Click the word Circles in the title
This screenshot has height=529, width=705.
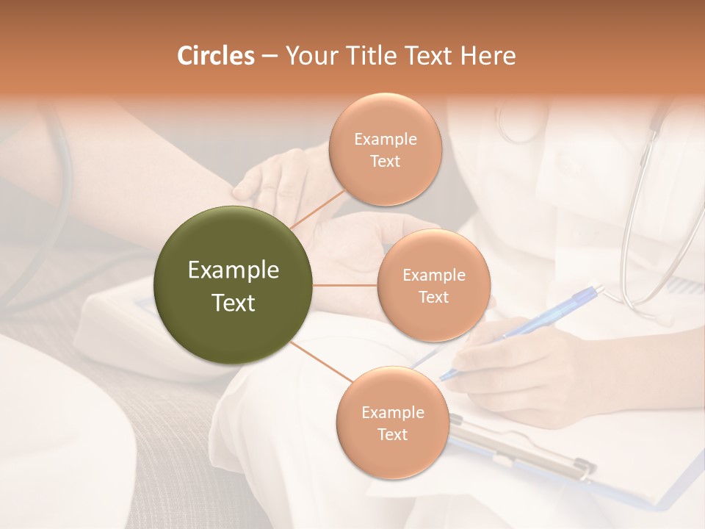215,56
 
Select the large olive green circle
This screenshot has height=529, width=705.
234,285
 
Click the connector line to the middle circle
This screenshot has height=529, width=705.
345,285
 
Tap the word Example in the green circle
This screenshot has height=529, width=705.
234,270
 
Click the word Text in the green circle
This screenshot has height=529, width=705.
234,303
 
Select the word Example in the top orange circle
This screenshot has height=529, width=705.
385,140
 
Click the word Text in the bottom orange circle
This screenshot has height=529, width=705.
392,435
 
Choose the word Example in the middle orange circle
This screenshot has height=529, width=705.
433,276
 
